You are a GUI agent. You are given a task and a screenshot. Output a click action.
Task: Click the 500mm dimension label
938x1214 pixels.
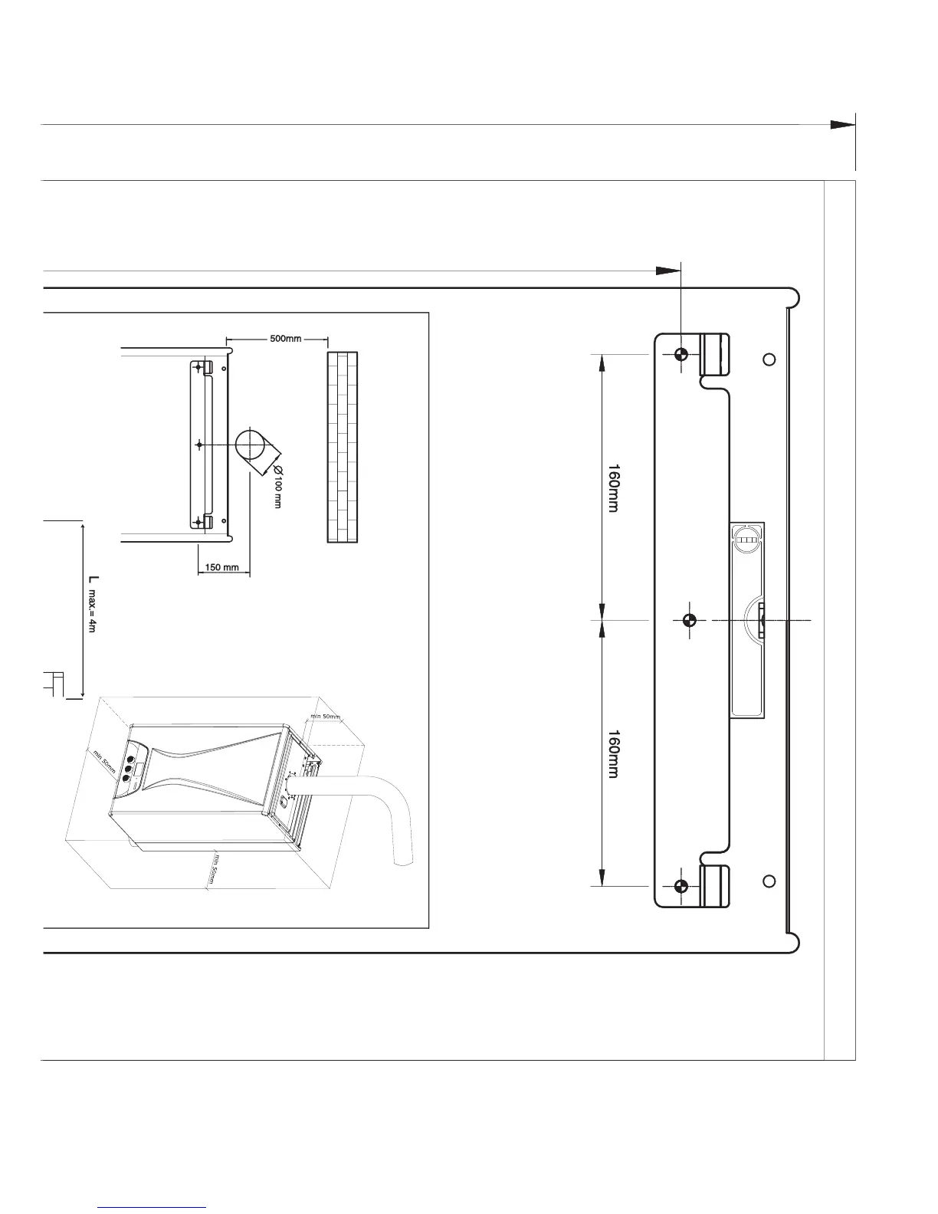pyautogui.click(x=285, y=339)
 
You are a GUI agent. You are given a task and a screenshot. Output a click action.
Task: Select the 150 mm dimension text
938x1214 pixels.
pyautogui.click(x=224, y=568)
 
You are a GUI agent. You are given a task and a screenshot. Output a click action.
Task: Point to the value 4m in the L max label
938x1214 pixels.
pyautogui.click(x=91, y=625)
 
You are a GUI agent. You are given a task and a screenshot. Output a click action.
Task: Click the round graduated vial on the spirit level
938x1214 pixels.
pyautogui.click(x=747, y=540)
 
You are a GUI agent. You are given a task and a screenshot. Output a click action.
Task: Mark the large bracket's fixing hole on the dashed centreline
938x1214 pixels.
pyautogui.click(x=690, y=619)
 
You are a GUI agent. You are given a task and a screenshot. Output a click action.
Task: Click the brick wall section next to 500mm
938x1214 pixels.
pyautogui.click(x=343, y=447)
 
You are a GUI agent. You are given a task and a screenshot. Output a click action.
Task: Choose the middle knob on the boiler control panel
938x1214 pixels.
pyautogui.click(x=129, y=765)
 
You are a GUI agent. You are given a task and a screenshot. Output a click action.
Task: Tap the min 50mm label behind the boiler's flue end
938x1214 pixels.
pyautogui.click(x=325, y=717)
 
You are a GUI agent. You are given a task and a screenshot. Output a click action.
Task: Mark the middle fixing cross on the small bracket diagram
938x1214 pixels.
pyautogui.click(x=199, y=445)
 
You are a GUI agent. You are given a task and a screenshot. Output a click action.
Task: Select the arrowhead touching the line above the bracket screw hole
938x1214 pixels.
pyautogui.click(x=668, y=271)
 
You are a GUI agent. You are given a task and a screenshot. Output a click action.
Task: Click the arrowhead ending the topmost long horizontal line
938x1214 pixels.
pyautogui.click(x=843, y=124)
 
